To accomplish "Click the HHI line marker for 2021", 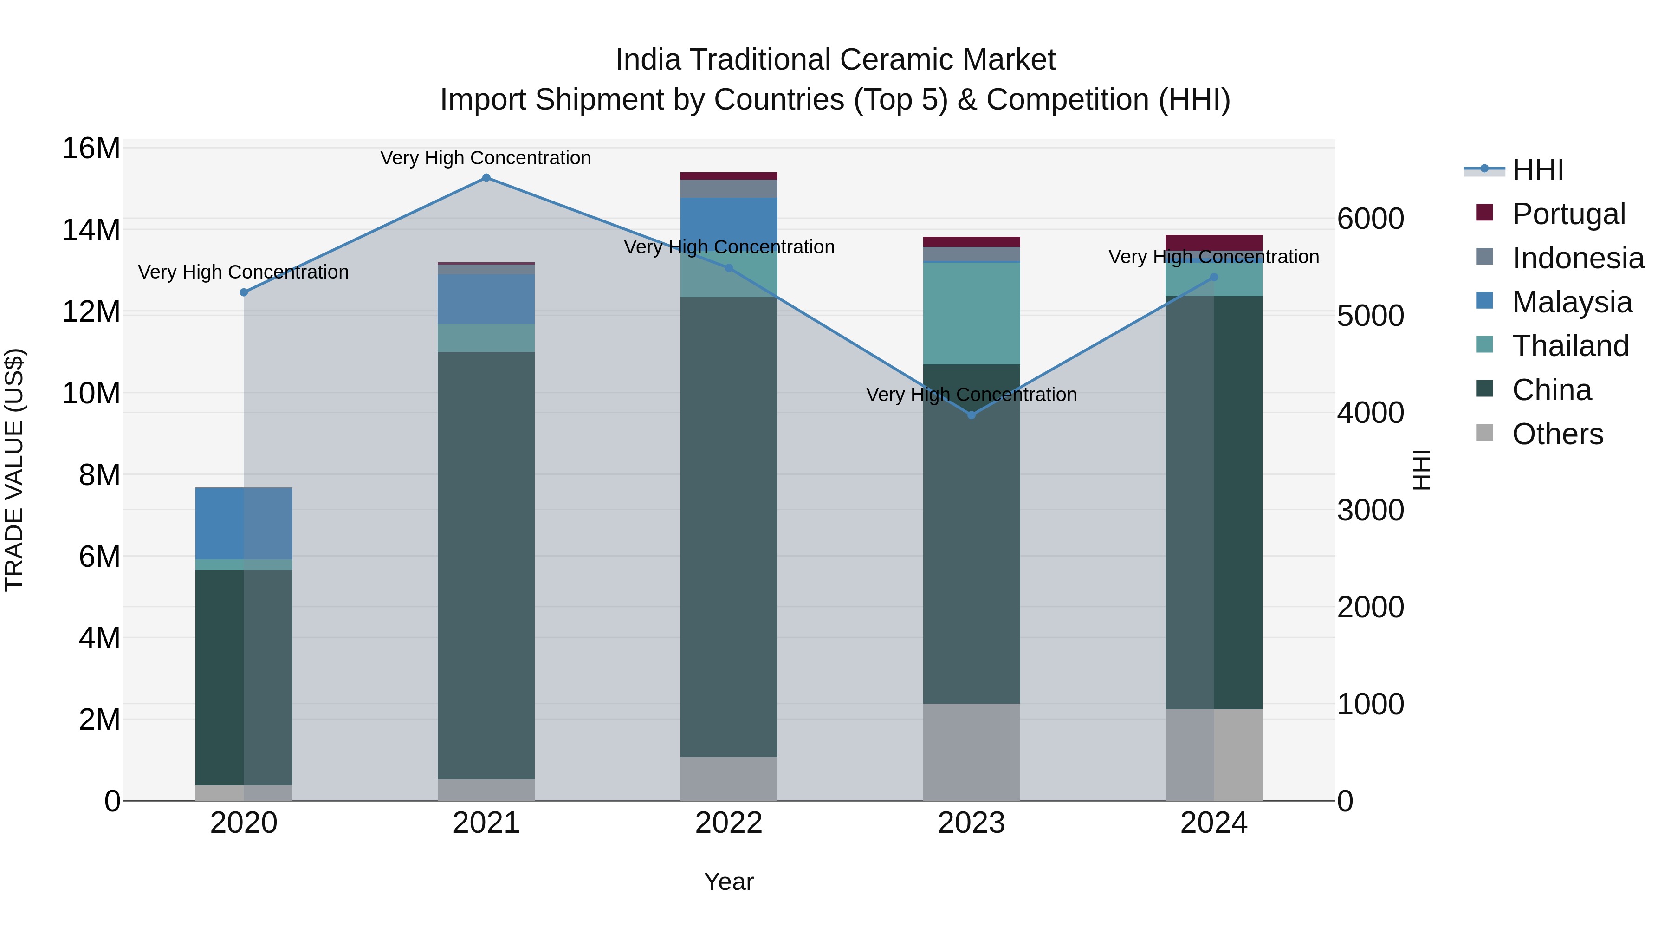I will [x=486, y=178].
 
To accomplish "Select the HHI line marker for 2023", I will [x=971, y=415].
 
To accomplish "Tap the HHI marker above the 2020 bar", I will [x=244, y=292].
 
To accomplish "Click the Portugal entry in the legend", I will [x=1568, y=214].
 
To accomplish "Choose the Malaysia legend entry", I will [x=1571, y=302].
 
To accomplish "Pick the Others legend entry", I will [x=1557, y=434].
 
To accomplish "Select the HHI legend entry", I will [x=1537, y=170].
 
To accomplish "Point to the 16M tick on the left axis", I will [x=91, y=149].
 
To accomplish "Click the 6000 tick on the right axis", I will [x=1370, y=219].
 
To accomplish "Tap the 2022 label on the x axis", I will [x=728, y=823].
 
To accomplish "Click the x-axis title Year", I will [x=728, y=882].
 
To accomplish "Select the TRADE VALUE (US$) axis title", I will [x=14, y=470].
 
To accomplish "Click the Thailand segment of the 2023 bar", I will [x=971, y=313].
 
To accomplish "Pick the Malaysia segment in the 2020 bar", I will [x=244, y=523].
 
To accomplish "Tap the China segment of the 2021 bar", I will [x=486, y=564].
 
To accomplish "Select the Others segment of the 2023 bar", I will [x=971, y=752].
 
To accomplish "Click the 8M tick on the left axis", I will [x=99, y=475].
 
